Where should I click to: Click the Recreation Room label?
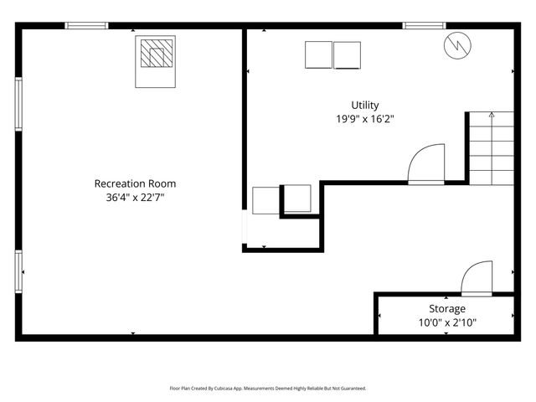coord(135,183)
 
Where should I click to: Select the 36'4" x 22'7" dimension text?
coord(135,198)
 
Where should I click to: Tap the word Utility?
coord(364,105)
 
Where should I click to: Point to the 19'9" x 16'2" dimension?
coord(364,120)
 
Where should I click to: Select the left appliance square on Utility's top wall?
coord(318,55)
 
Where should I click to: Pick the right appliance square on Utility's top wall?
coord(348,55)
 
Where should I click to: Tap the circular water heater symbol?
coord(457,45)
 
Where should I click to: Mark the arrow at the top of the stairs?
coord(492,115)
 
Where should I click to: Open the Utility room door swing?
coord(426,164)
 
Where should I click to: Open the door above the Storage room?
coord(477,278)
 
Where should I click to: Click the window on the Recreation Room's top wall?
coord(87,25)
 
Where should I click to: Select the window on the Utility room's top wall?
coord(425,25)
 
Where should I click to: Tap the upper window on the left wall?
coord(18,104)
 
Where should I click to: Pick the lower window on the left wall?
coord(18,271)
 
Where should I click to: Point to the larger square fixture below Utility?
coord(265,202)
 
